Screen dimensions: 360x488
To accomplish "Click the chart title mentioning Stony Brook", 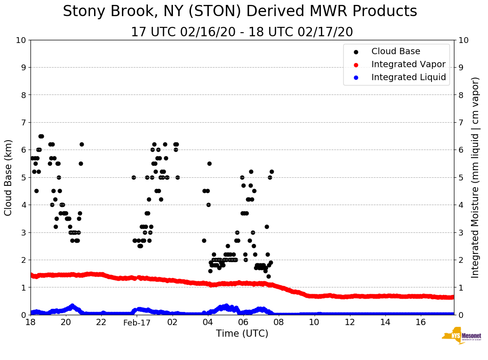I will click(240, 12).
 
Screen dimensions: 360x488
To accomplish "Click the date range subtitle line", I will click(242, 32).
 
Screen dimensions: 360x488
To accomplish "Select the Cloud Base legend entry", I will click(396, 51).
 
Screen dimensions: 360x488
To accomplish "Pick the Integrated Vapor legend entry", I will click(408, 64).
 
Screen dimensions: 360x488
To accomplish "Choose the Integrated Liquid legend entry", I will click(408, 77).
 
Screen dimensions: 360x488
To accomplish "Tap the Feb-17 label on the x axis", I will click(137, 322).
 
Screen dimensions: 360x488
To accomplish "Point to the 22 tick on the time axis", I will click(101, 322).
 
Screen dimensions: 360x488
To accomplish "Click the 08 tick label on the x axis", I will click(279, 322).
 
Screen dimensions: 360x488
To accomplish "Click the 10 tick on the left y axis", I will click(21, 40).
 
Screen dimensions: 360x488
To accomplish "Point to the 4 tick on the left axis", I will click(23, 205).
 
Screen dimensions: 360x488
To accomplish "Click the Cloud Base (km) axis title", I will click(9, 177).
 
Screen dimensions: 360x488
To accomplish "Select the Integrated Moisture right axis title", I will click(475, 177).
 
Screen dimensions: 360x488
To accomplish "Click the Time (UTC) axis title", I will click(242, 334).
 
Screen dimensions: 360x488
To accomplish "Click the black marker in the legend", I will click(356, 52).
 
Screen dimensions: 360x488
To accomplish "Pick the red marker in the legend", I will click(356, 64).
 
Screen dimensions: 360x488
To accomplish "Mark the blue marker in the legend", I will click(356, 77).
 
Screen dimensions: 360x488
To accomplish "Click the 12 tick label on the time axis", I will click(350, 322).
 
